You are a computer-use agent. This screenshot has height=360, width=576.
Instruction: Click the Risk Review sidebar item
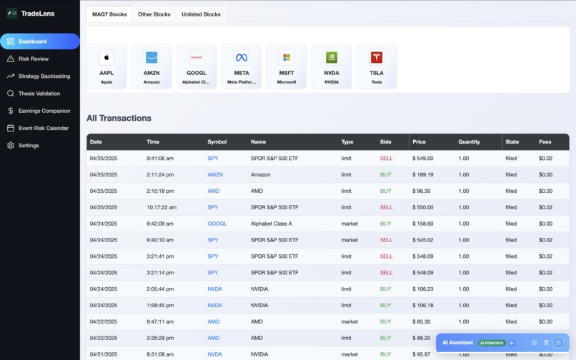pos(34,59)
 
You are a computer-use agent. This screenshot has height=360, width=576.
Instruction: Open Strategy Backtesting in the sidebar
pos(44,76)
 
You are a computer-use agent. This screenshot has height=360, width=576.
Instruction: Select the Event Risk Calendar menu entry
pos(43,128)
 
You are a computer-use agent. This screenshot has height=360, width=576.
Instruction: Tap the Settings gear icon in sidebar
pos(11,146)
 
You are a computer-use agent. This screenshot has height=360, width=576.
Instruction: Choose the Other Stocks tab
pos(154,14)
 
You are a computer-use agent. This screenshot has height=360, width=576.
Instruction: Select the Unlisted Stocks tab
pos(201,14)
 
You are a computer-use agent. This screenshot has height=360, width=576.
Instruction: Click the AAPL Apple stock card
pos(106,66)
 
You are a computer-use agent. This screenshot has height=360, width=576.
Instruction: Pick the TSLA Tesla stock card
pos(377,66)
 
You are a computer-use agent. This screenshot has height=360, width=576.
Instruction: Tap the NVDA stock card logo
pos(332,58)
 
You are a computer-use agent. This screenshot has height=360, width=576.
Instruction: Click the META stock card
pos(242,66)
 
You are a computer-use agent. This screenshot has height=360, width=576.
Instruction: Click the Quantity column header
pos(470,142)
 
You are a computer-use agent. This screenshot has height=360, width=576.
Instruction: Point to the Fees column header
pos(545,142)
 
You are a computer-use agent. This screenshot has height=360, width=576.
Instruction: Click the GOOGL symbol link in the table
pos(217,224)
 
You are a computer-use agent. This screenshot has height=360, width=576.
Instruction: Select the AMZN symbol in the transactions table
pos(215,174)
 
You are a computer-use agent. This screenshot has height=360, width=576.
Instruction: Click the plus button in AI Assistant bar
pos(512,343)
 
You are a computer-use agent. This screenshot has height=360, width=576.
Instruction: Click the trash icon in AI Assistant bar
pos(547,343)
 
